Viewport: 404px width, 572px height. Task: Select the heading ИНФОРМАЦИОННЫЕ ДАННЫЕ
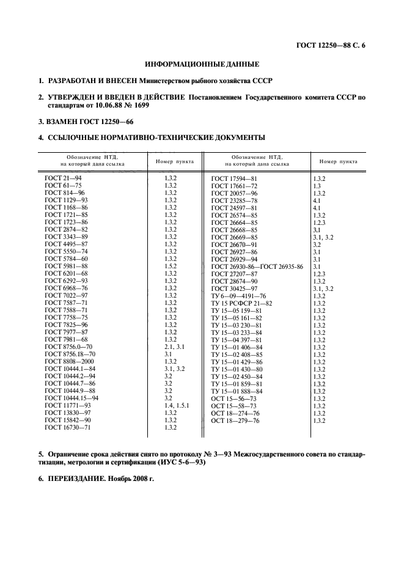[202, 64]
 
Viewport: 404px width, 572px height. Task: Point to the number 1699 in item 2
[139, 105]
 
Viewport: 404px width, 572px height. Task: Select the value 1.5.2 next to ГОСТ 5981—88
[171, 266]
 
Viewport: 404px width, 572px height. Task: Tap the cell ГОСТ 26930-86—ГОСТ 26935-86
[257, 266]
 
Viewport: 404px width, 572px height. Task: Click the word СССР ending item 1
[260, 81]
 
